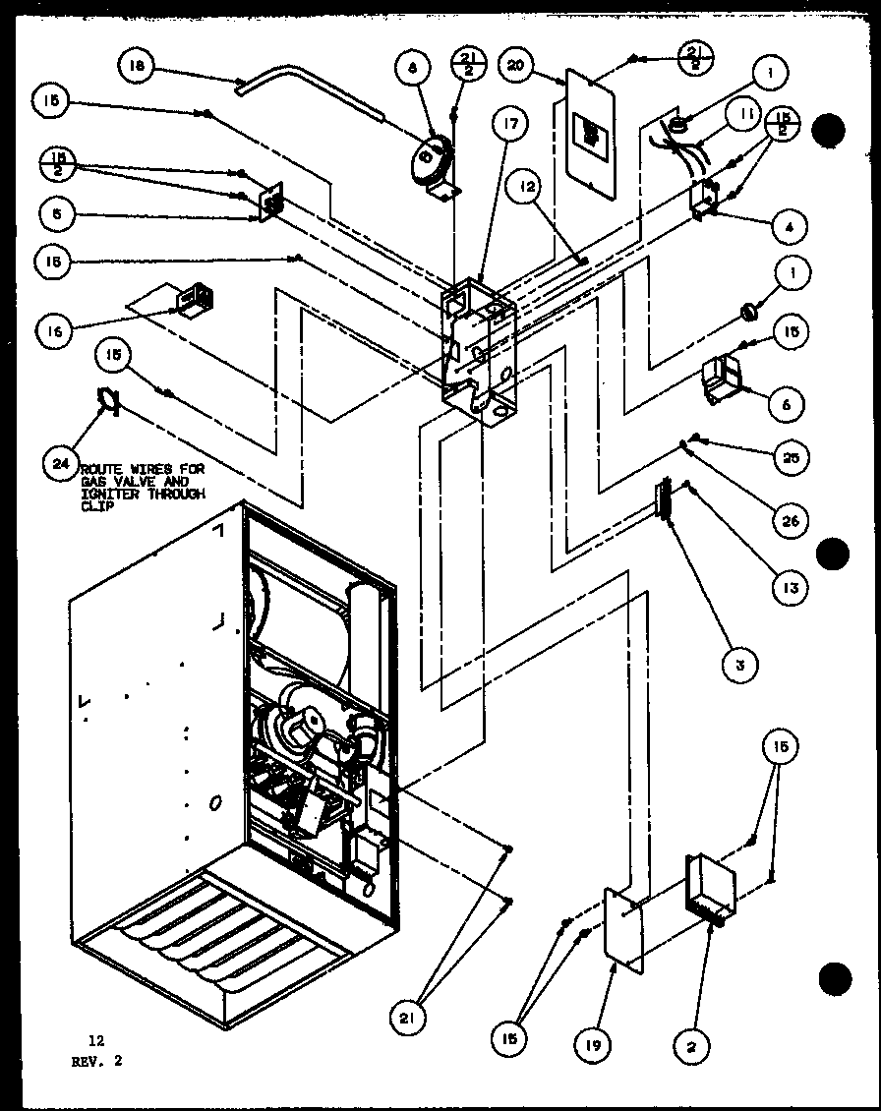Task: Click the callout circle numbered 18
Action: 137,67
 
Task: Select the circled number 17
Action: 511,125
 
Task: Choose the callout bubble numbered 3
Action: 739,664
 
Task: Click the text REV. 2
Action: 97,1061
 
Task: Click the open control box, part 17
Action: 479,349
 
